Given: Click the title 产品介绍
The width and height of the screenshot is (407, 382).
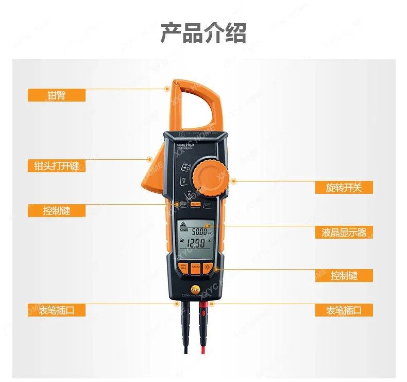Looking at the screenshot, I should (203, 33).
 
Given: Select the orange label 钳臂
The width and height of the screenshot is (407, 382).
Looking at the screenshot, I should (56, 95).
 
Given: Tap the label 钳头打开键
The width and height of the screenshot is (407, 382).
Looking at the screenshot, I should (56, 165).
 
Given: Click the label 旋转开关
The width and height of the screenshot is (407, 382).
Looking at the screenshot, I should (344, 187).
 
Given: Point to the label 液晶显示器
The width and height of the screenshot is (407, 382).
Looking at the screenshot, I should (344, 232).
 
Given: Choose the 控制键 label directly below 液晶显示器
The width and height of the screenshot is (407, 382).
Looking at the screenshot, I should (344, 275).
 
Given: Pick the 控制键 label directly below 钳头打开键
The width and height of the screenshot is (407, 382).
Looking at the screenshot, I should (56, 210).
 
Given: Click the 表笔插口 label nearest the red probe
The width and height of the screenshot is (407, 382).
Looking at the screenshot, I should (344, 310).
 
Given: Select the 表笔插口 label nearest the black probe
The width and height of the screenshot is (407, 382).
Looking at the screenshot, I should (56, 310).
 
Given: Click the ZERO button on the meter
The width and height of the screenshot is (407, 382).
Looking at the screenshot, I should (183, 204).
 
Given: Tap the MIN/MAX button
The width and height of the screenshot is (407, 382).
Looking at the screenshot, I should (182, 268).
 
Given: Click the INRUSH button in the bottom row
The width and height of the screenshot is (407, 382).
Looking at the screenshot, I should (195, 268).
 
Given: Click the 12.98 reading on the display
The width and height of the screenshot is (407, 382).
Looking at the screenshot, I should (196, 243).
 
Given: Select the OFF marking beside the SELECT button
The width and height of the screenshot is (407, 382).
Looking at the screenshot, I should (208, 204).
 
